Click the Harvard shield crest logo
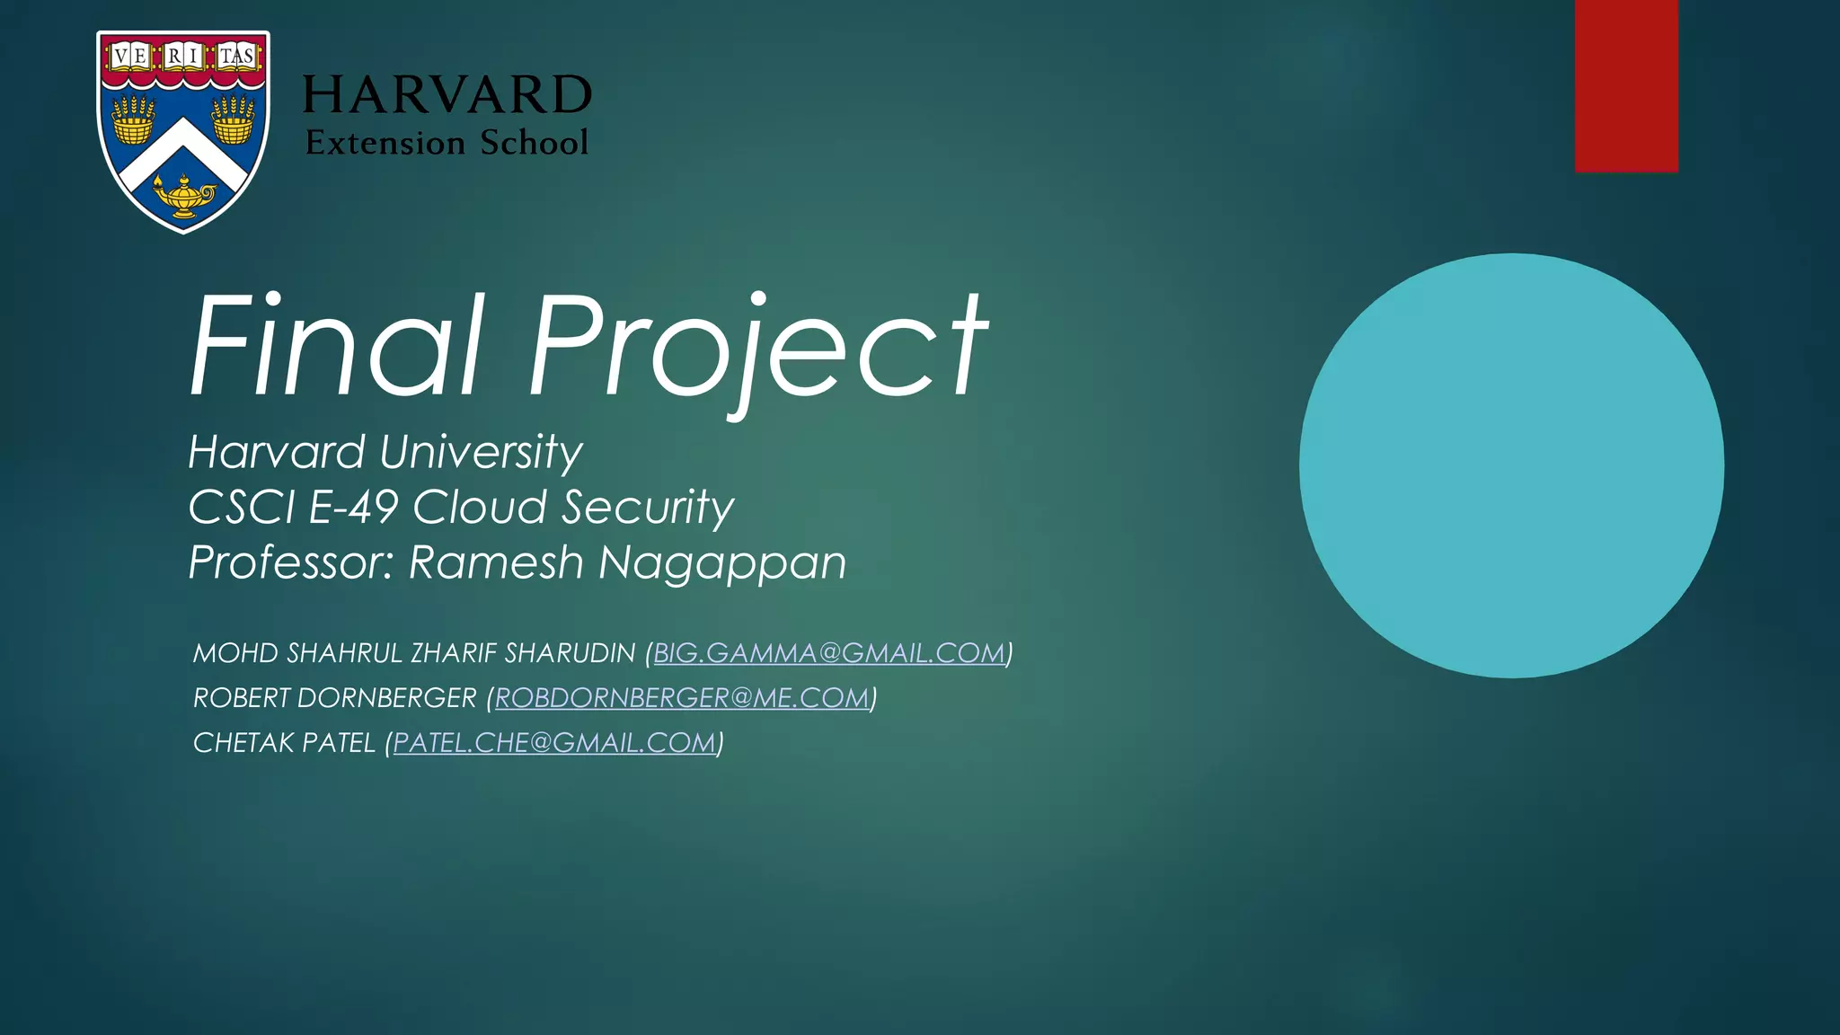point(183,130)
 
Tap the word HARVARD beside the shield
point(447,95)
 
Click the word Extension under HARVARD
point(385,143)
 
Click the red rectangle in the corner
point(1626,85)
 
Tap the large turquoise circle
point(1511,465)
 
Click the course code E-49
point(353,508)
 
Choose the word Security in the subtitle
point(648,508)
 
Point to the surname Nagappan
point(722,564)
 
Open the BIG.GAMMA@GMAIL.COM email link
point(828,653)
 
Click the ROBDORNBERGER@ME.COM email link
point(682,698)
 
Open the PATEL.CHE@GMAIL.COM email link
point(554,743)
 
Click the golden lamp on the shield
point(184,197)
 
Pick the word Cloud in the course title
point(480,508)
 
